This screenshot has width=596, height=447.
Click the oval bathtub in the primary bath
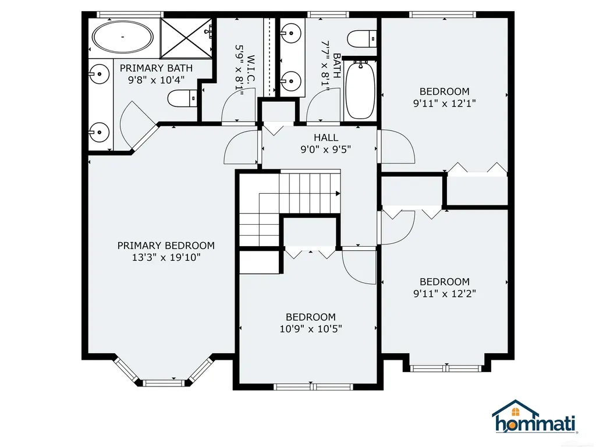(123, 37)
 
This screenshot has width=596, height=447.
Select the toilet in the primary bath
(182, 98)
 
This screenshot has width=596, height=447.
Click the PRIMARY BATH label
(156, 68)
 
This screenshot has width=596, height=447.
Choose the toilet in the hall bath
(362, 38)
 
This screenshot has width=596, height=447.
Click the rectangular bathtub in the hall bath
(360, 90)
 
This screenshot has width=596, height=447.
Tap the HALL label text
(326, 137)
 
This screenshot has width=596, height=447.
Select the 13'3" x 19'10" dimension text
(166, 257)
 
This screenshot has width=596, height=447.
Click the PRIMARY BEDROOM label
(166, 246)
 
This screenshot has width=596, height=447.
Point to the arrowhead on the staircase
(338, 193)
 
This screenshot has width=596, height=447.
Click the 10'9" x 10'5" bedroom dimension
(311, 328)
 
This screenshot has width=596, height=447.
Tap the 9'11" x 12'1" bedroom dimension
(445, 103)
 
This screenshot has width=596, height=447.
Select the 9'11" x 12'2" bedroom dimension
(445, 293)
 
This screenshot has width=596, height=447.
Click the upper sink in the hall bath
(292, 33)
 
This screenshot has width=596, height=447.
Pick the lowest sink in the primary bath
(99, 132)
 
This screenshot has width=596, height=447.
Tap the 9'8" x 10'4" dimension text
(156, 80)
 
